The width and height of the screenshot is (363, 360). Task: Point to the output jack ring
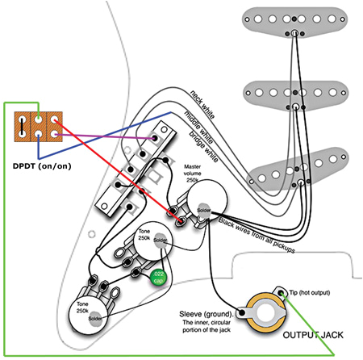pos(264,311)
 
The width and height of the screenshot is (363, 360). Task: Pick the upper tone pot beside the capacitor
pos(153,242)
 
